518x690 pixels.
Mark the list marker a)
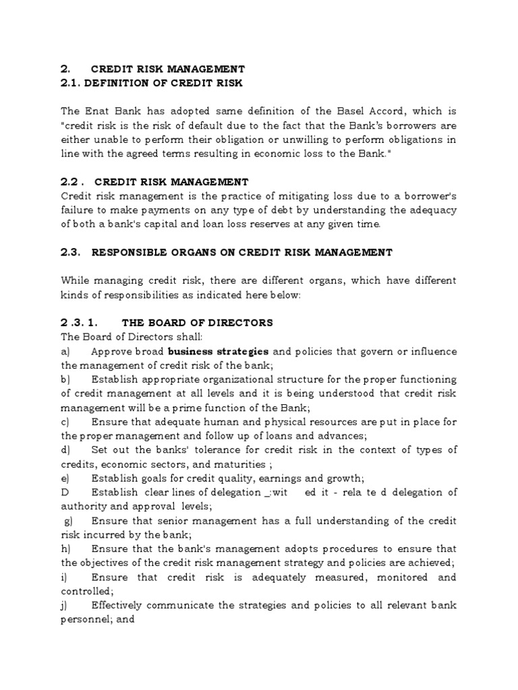pyautogui.click(x=66, y=351)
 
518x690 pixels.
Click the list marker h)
pyautogui.click(x=66, y=549)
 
